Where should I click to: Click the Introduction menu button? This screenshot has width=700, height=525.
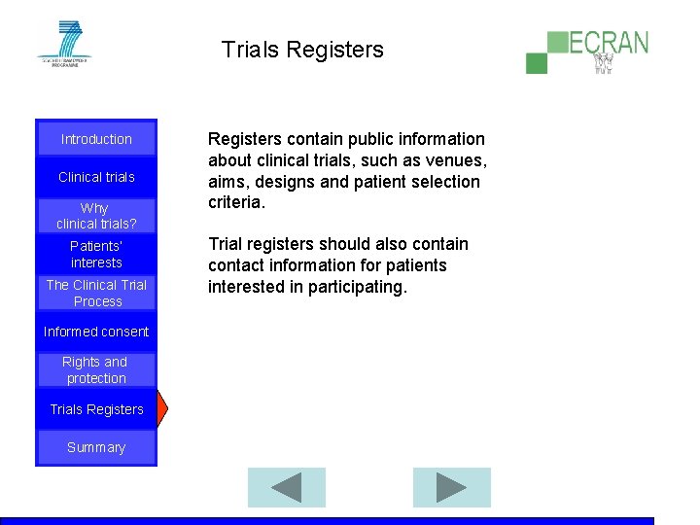[96, 139]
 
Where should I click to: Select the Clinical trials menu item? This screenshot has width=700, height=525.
[96, 177]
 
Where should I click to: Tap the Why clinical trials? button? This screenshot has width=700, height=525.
[96, 215]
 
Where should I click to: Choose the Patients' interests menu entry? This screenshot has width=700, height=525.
[96, 254]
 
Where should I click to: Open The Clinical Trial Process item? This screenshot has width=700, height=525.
[96, 293]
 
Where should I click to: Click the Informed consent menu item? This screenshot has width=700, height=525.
[96, 332]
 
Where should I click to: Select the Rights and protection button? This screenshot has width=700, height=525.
[96, 369]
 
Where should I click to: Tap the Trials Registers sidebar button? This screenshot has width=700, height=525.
[96, 409]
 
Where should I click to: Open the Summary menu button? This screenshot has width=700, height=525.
[96, 447]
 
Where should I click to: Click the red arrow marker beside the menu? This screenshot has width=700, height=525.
[162, 409]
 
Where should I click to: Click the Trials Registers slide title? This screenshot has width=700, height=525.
[302, 50]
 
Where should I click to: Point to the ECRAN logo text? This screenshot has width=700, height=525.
[608, 44]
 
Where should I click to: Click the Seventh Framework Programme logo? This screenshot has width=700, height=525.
[63, 44]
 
